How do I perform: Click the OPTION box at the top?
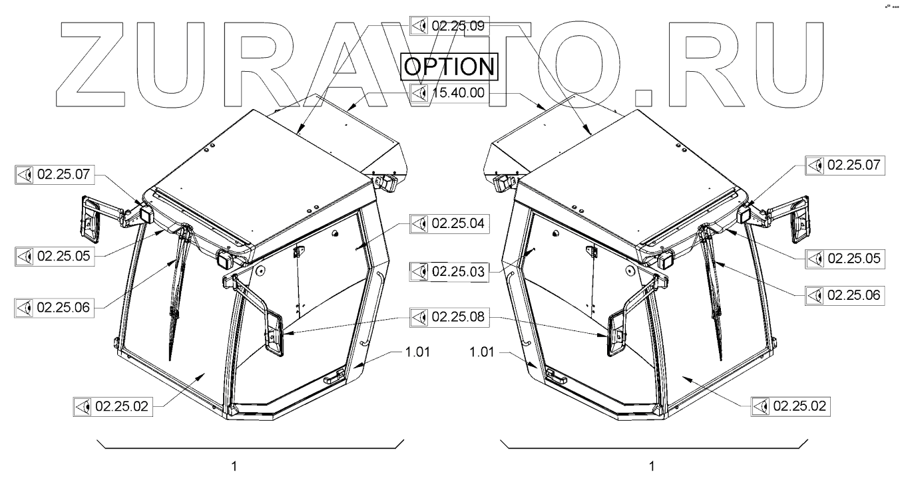point(449,66)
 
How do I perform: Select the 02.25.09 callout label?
point(449,26)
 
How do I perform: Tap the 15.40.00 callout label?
point(449,93)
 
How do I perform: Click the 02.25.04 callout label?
point(449,223)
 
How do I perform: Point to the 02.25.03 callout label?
point(449,272)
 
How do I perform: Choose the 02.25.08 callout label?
point(449,317)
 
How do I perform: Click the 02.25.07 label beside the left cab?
point(55,175)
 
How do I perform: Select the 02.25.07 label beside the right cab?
point(845,166)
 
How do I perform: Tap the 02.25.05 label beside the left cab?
point(55,257)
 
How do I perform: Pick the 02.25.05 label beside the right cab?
point(845,259)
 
